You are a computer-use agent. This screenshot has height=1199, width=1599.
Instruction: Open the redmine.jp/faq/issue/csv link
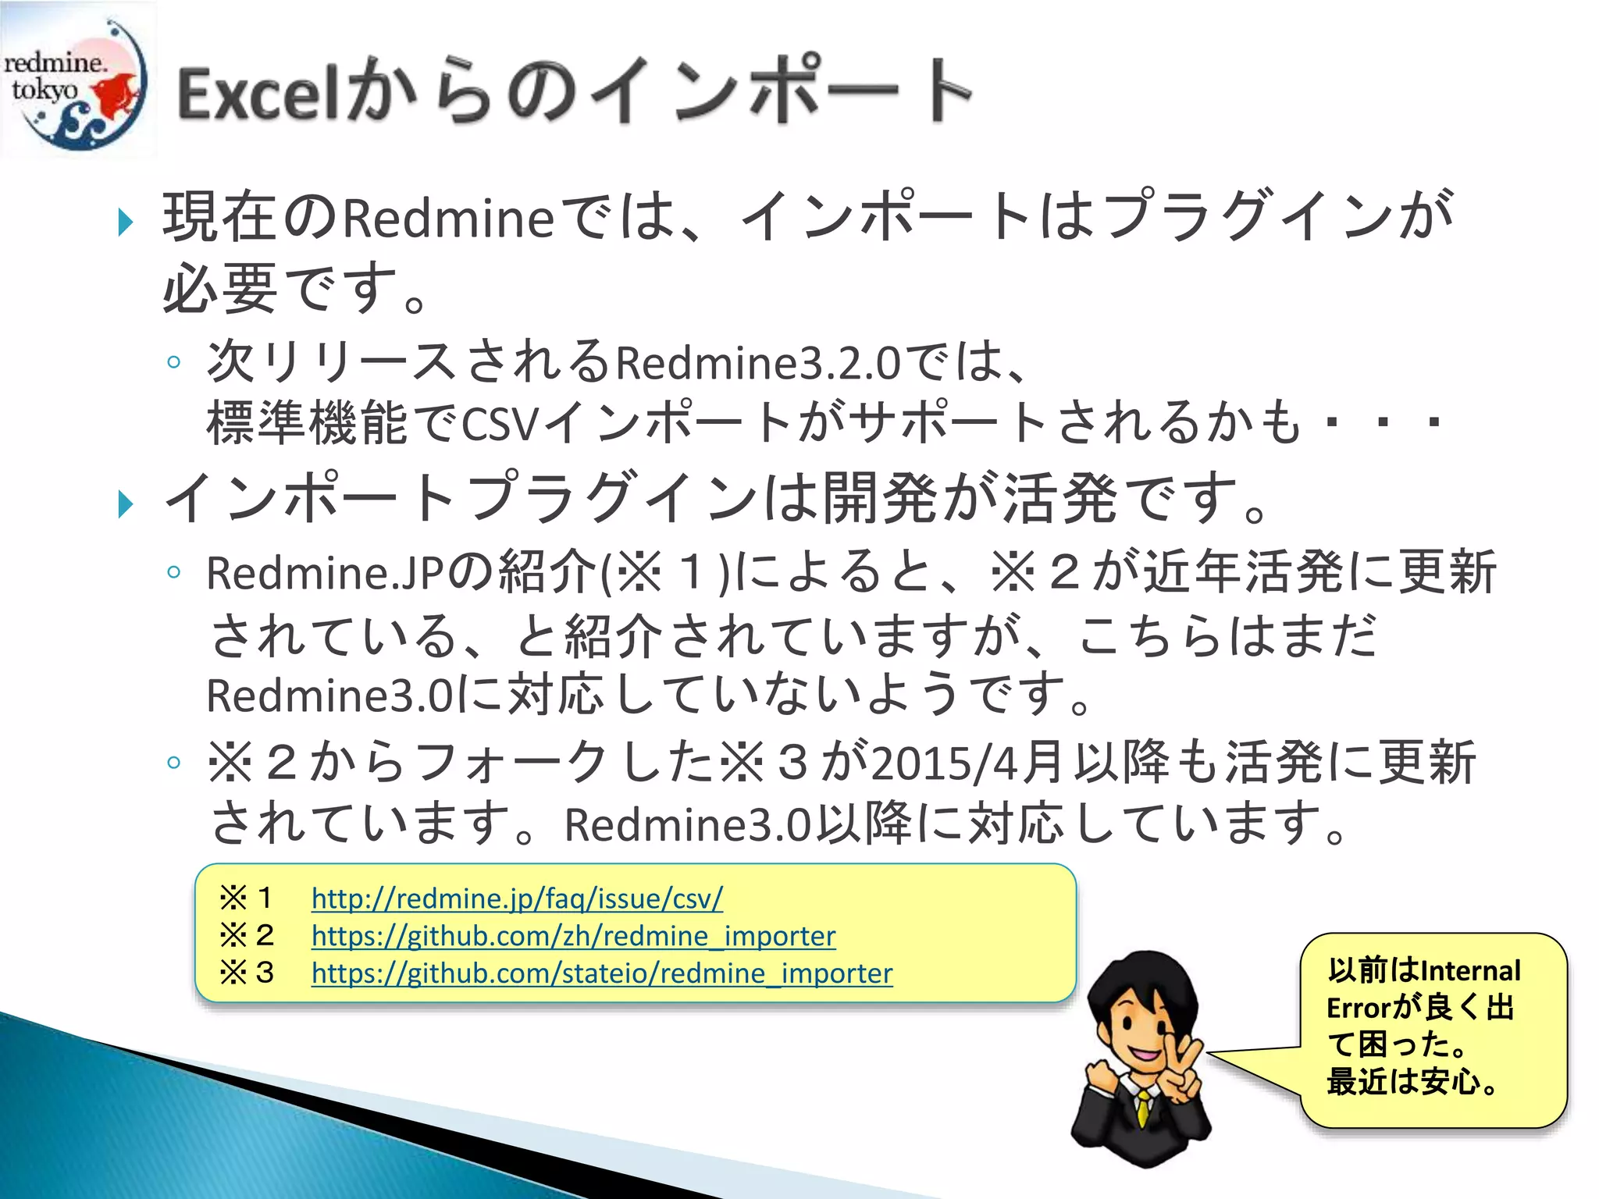click(x=517, y=898)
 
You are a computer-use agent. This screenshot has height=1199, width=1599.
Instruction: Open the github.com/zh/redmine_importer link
click(x=573, y=935)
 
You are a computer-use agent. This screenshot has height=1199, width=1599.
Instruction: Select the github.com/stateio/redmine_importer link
click(x=601, y=973)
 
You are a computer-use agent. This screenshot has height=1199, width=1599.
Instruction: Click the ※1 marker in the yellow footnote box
click(x=245, y=898)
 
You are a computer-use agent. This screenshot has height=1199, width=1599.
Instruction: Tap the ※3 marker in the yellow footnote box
click(x=245, y=973)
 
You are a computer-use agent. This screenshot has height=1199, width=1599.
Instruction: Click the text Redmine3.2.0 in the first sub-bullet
click(x=757, y=363)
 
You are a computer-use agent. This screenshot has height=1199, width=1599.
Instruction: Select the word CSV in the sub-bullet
click(x=500, y=425)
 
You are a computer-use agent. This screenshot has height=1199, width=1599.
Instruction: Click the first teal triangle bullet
click(x=125, y=222)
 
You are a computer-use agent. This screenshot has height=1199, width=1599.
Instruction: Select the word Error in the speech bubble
click(x=1359, y=1008)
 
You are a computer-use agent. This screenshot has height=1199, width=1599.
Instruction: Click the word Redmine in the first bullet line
click(x=448, y=219)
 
